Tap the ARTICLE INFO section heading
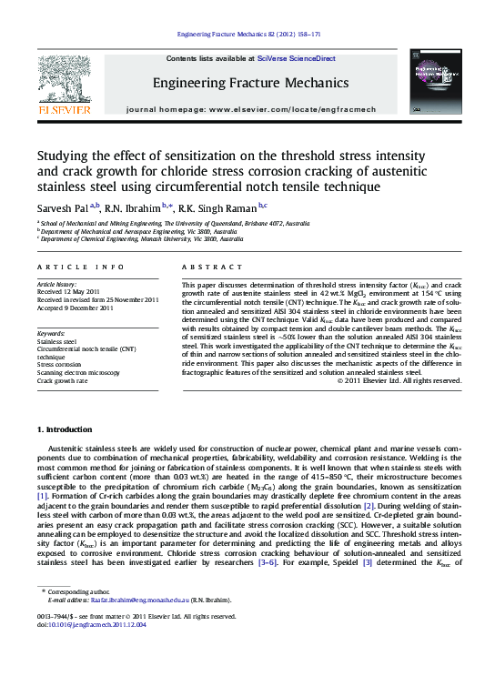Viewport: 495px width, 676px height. click(x=80, y=267)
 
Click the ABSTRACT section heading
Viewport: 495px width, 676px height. click(x=206, y=267)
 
